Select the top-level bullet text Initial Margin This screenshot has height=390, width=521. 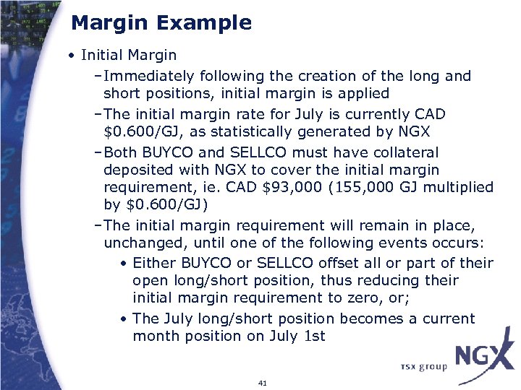[x=129, y=55]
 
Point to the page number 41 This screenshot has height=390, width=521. [x=262, y=382]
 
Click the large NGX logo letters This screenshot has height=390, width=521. [x=483, y=357]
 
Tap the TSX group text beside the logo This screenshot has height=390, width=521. [x=424, y=367]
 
